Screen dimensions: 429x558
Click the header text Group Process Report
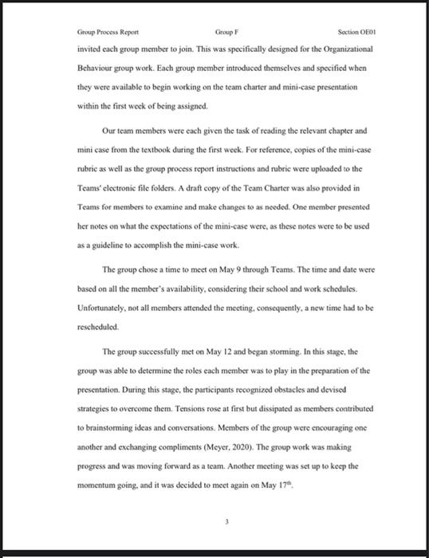pyautogui.click(x=107, y=32)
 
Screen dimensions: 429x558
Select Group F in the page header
pyautogui.click(x=226, y=32)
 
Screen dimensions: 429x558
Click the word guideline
pyautogui.click(x=104, y=226)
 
